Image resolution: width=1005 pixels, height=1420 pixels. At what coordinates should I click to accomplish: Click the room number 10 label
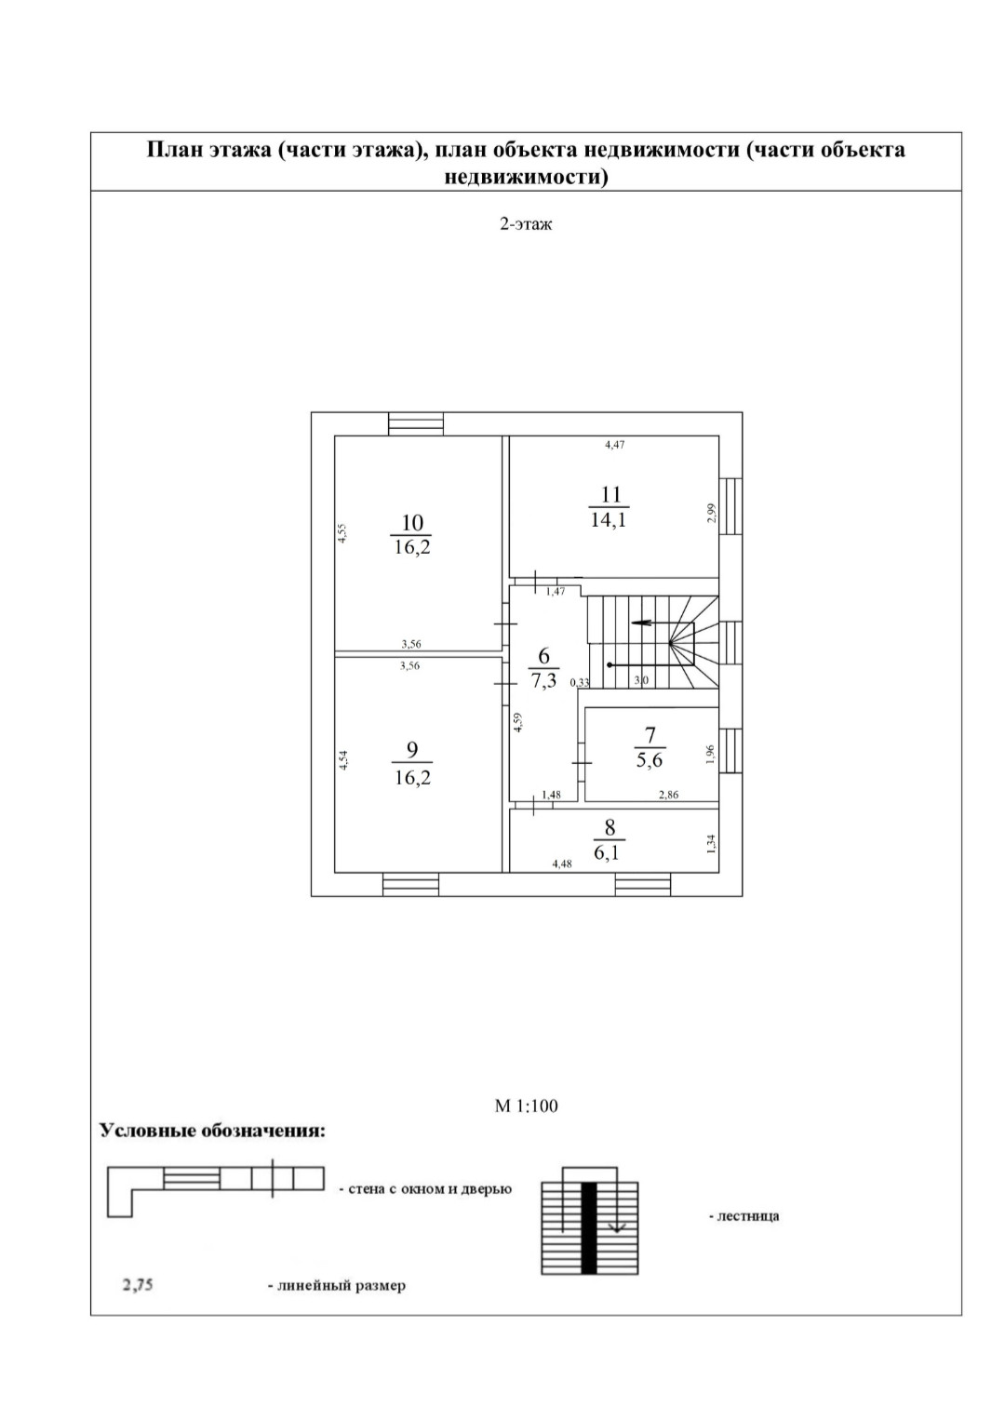coord(411,523)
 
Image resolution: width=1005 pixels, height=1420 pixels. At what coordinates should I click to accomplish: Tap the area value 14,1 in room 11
coord(609,519)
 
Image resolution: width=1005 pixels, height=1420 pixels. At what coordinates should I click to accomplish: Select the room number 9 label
coord(412,750)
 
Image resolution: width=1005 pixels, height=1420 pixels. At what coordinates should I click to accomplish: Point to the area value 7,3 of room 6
coord(543,680)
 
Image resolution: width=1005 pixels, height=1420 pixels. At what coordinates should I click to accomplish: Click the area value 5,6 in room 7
coord(650,759)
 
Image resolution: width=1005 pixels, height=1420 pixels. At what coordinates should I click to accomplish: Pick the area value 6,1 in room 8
coord(610,851)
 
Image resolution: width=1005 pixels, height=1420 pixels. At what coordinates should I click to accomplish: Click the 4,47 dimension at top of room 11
coord(615,445)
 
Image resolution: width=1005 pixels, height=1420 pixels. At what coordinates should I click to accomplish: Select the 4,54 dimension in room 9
coord(343,759)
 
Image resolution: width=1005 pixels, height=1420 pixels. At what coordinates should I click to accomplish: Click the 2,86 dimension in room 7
coord(668,795)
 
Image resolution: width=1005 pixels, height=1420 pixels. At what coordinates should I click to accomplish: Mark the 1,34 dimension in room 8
coord(711,843)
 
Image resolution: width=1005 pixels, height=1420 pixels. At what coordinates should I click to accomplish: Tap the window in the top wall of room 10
coord(416,423)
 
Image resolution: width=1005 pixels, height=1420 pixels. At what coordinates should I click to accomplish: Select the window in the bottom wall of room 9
coord(410,884)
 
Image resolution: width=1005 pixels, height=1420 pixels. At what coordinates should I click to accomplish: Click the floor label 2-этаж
coord(526,224)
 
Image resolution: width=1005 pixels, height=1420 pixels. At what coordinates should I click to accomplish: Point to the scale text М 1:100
coord(526,1106)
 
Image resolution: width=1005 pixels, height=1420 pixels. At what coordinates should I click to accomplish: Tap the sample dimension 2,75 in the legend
coord(137,1285)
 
